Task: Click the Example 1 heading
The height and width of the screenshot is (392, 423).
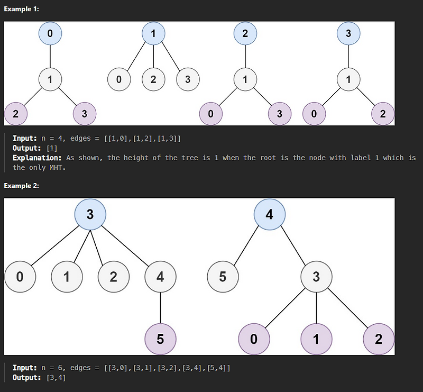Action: pyautogui.click(x=21, y=10)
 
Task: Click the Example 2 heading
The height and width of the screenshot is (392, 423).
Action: pyautogui.click(x=21, y=186)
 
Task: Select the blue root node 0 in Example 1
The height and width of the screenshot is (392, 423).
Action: pyautogui.click(x=50, y=33)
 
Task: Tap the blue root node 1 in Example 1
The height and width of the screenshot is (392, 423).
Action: pyautogui.click(x=153, y=33)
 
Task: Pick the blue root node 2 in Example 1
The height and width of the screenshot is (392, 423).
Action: pyautogui.click(x=245, y=33)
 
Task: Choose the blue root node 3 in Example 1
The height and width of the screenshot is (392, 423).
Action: pyautogui.click(x=348, y=33)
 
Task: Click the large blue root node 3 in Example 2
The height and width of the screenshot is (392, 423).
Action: pyautogui.click(x=90, y=215)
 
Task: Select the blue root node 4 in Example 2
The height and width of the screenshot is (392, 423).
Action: pyautogui.click(x=270, y=215)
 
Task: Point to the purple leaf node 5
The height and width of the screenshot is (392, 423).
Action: pyautogui.click(x=160, y=339)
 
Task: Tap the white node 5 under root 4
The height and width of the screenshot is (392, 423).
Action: pyautogui.click(x=223, y=277)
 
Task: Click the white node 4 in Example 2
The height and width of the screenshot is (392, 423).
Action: pyautogui.click(x=160, y=277)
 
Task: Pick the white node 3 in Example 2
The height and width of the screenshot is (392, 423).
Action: pyautogui.click(x=316, y=277)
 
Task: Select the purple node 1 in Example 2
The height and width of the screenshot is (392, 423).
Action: pyautogui.click(x=316, y=339)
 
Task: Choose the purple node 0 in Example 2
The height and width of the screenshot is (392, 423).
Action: pyautogui.click(x=254, y=339)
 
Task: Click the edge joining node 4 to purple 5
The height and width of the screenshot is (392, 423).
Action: pyautogui.click(x=160, y=307)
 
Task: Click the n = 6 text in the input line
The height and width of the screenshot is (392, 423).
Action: pyautogui.click(x=53, y=368)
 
